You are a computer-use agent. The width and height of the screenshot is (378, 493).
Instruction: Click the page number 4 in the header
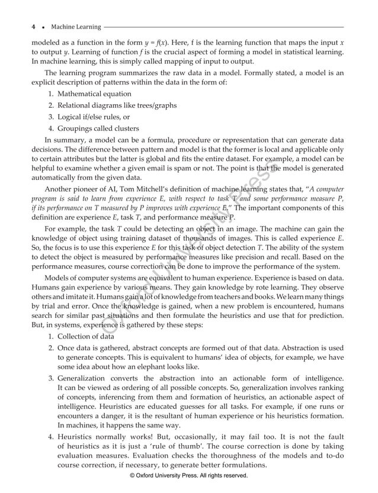(x=33, y=27)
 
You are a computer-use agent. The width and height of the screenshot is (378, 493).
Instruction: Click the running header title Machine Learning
(x=76, y=27)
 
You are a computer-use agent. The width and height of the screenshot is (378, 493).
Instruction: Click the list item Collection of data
(x=81, y=336)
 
